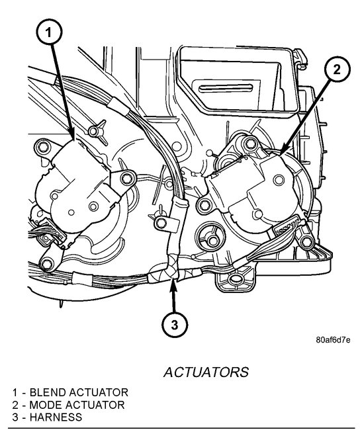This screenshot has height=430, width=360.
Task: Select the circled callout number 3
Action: click(x=175, y=324)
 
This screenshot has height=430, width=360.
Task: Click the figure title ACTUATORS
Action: click(x=206, y=372)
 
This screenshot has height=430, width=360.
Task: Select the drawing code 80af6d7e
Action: click(x=333, y=340)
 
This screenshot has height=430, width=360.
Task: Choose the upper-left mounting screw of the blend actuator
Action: click(x=44, y=145)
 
